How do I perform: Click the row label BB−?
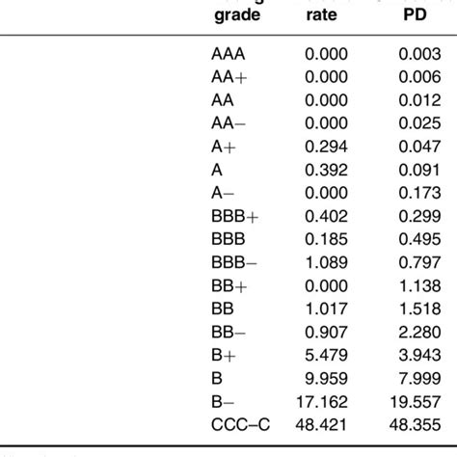click(x=228, y=332)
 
